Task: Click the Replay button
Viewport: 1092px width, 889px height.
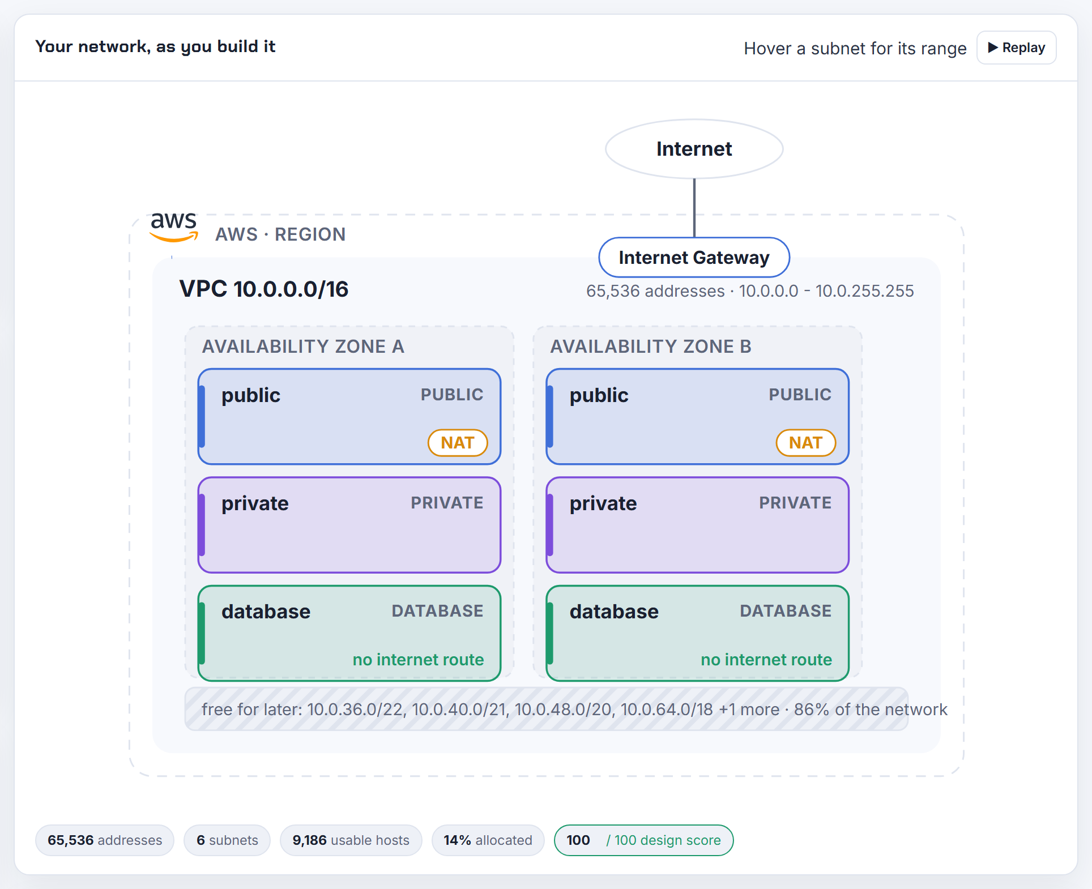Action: [1016, 48]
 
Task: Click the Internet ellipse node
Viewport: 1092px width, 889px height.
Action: [694, 149]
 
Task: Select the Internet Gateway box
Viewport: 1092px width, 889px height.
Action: [694, 258]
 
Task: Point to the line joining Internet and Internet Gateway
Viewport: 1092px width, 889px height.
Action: [694, 208]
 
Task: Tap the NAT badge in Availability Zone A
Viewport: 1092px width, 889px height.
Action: [458, 443]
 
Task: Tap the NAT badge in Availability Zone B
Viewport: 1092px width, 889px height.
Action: [806, 443]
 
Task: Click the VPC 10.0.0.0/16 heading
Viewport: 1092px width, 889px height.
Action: [264, 289]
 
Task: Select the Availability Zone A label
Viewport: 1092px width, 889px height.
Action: [303, 346]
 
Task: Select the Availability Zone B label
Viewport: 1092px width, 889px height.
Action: [651, 346]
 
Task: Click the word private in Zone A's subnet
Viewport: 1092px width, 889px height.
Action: [255, 503]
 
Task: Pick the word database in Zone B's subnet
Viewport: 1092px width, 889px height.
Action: [614, 612]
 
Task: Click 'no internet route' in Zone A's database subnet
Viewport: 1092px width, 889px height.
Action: [418, 660]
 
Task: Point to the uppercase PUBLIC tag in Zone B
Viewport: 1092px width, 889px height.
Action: [800, 395]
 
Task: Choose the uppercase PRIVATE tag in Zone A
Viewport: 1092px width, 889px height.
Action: [447, 503]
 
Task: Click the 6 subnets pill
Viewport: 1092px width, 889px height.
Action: [227, 840]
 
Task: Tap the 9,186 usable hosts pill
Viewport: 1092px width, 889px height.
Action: [351, 840]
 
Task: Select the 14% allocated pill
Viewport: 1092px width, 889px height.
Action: [488, 840]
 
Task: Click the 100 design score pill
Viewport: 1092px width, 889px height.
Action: [644, 840]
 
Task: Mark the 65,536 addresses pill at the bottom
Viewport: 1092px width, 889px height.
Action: [105, 840]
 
